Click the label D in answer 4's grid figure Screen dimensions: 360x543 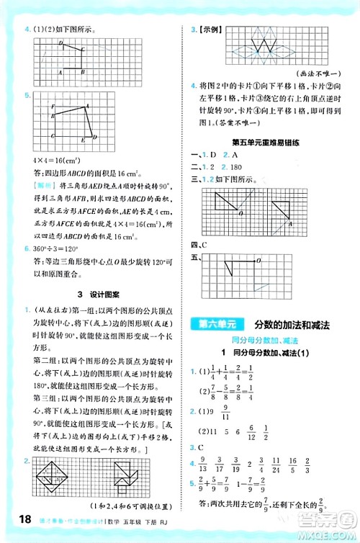[61, 44]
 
